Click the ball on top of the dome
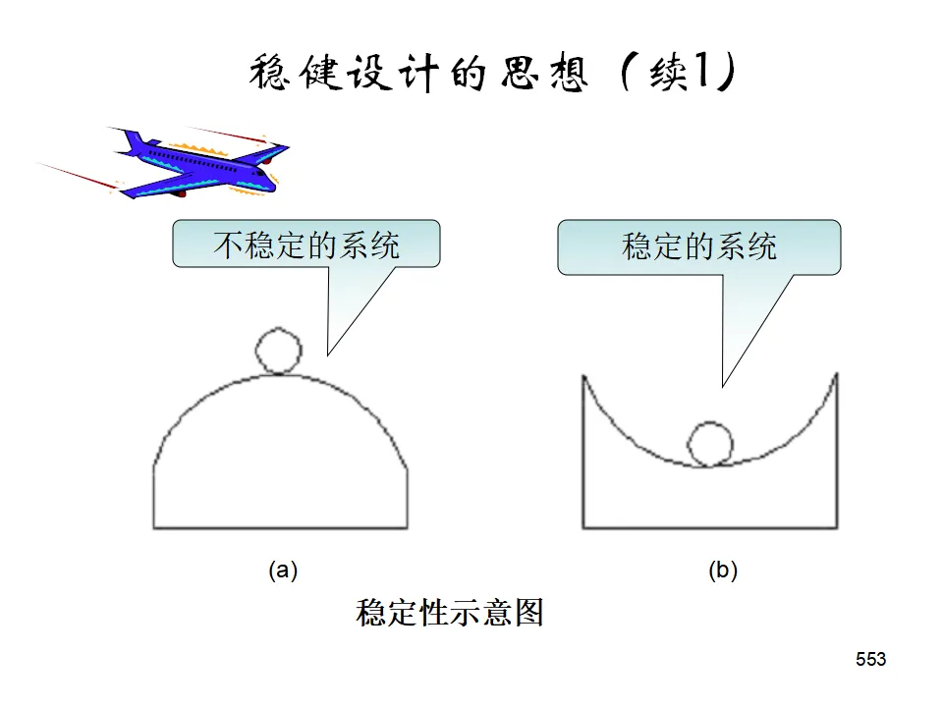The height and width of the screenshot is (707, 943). tap(278, 350)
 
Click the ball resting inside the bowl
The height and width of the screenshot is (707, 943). tap(710, 444)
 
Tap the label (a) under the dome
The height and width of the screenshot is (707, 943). tap(283, 571)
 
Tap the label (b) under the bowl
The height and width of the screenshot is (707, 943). tap(722, 571)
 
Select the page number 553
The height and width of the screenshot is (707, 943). tap(870, 660)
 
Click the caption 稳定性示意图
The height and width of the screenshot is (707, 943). tap(449, 614)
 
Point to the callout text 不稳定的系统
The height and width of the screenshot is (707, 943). tap(306, 245)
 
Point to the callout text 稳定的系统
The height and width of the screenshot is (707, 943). tap(698, 245)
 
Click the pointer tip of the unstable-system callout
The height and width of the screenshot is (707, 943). tap(328, 353)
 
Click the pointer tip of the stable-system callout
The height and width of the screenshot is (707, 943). tap(724, 384)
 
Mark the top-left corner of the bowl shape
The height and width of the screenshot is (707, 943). tap(583, 374)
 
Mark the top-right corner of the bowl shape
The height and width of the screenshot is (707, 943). tap(837, 373)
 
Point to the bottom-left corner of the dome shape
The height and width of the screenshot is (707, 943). tap(154, 529)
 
